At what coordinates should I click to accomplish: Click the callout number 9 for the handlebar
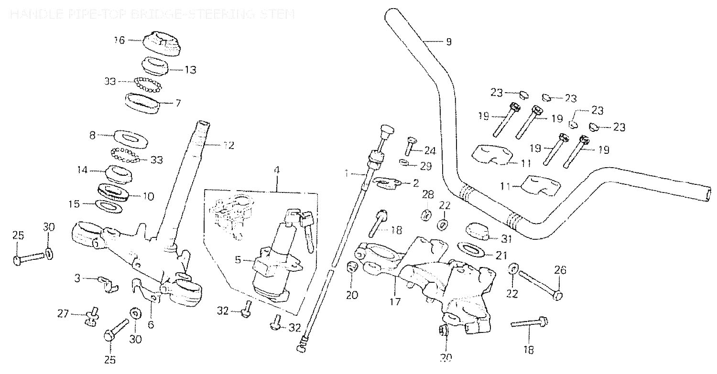tap(448, 42)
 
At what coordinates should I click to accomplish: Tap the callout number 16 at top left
tap(119, 40)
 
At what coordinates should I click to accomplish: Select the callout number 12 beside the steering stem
tap(228, 145)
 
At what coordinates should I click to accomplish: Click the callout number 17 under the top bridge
tap(395, 302)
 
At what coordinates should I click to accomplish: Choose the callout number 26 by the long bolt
tap(560, 271)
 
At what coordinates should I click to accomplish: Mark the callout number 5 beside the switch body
tap(238, 260)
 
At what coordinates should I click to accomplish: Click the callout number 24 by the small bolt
tap(430, 151)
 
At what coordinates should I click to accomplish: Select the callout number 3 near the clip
tap(77, 278)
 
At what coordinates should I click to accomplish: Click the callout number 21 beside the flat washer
tap(501, 256)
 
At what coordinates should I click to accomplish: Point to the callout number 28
tap(427, 194)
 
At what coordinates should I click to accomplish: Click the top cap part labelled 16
tap(163, 43)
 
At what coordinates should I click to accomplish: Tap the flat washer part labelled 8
tap(129, 139)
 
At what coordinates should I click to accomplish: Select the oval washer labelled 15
tap(109, 206)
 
